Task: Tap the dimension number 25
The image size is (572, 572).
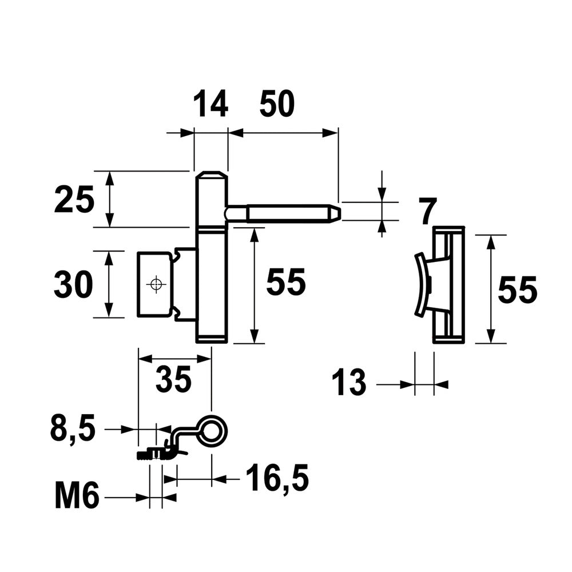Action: (x=74, y=199)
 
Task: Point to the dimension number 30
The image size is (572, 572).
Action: (x=73, y=284)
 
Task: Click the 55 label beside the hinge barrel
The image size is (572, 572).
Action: (x=285, y=282)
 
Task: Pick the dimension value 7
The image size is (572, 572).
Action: (x=427, y=212)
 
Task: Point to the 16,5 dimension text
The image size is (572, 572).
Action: (x=277, y=478)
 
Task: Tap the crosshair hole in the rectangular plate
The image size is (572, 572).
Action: (x=156, y=284)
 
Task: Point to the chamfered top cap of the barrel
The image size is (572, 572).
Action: (x=211, y=174)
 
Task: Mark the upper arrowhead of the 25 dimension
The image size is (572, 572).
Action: (x=109, y=178)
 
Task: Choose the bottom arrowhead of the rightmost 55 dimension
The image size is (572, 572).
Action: (x=491, y=336)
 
